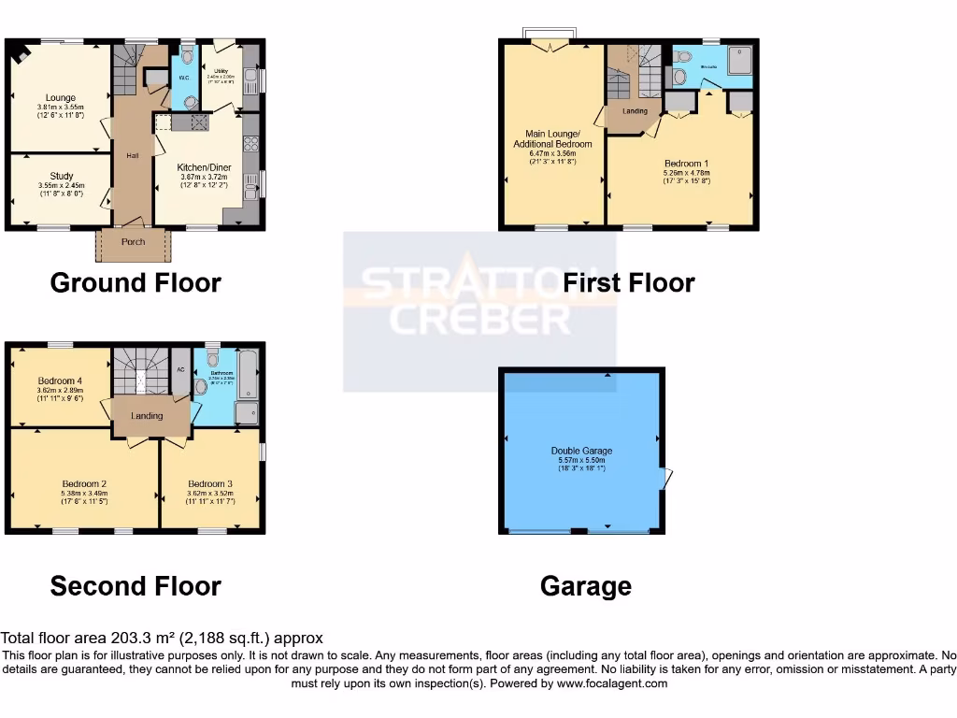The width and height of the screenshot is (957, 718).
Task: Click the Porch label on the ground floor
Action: click(x=133, y=242)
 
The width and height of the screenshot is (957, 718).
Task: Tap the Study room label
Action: click(x=62, y=175)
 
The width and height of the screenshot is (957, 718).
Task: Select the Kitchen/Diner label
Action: click(x=205, y=167)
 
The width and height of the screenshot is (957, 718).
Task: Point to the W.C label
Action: click(x=186, y=78)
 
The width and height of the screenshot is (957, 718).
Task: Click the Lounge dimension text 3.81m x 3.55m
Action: click(x=62, y=107)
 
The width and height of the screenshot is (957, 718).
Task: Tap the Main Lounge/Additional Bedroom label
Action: click(x=552, y=138)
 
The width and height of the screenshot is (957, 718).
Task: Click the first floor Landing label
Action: click(x=636, y=111)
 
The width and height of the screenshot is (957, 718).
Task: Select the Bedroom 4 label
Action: click(x=61, y=381)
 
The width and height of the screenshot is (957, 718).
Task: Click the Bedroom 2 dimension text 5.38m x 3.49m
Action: click(x=84, y=493)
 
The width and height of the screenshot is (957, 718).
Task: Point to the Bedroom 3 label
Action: click(x=209, y=483)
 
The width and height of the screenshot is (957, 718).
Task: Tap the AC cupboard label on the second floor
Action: click(x=179, y=368)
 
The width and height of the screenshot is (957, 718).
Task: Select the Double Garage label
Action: click(x=581, y=451)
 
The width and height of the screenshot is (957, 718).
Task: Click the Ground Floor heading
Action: click(x=136, y=282)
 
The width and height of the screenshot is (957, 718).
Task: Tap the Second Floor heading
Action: click(x=136, y=586)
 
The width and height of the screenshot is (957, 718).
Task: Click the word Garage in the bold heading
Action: click(x=585, y=586)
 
